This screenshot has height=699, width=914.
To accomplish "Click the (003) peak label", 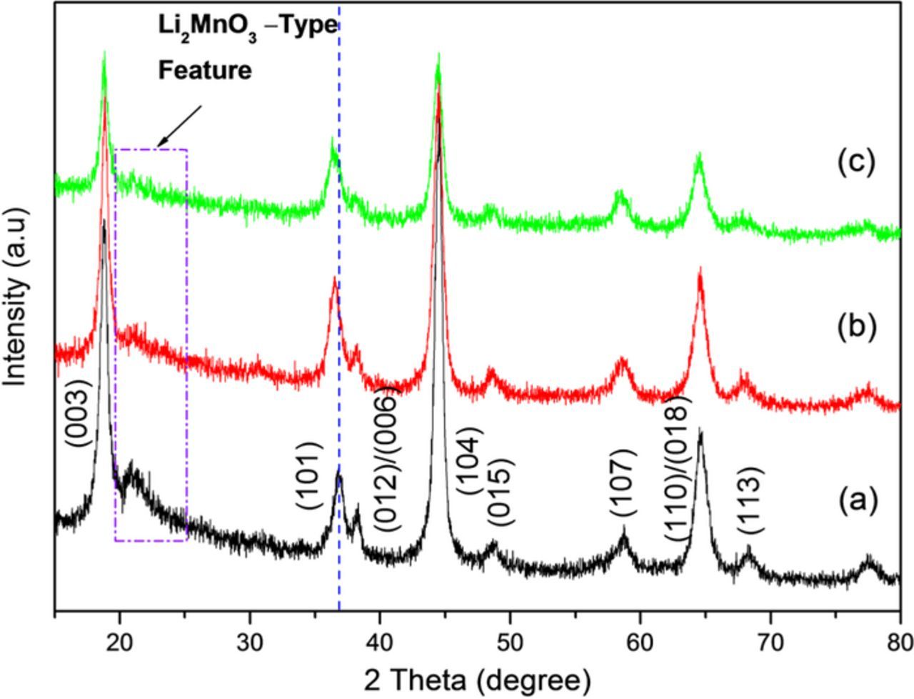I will pyautogui.click(x=79, y=412).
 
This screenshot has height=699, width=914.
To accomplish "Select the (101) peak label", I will pyautogui.click(x=310, y=476).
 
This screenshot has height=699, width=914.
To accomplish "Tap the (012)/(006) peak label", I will pyautogui.click(x=386, y=457).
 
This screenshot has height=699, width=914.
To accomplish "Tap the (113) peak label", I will pyautogui.click(x=751, y=500).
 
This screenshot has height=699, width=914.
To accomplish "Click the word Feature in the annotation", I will pyautogui.click(x=205, y=70).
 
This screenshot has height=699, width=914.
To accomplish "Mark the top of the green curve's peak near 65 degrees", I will pyautogui.click(x=699, y=154).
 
